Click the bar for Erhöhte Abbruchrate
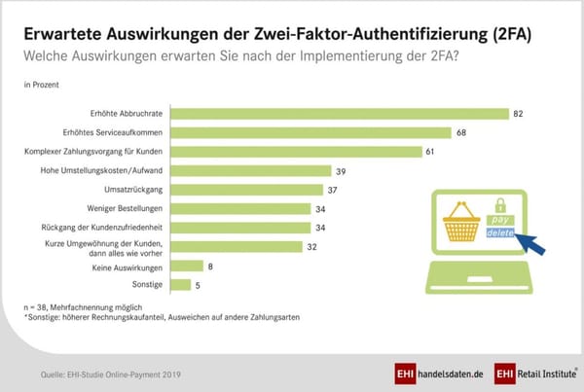click(340, 114)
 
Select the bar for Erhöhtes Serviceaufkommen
click(311, 132)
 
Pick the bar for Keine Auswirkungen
click(187, 266)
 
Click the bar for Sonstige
click(181, 285)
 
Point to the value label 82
click(519, 114)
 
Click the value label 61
click(430, 152)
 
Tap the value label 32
click(311, 246)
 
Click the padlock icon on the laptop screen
click(501, 206)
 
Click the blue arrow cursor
click(530, 245)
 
